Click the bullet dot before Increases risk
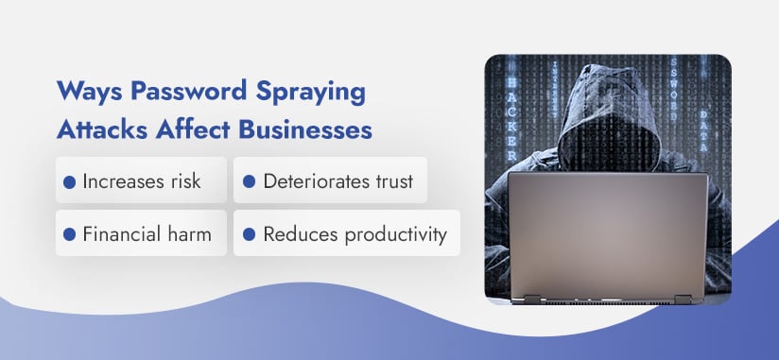(69, 181)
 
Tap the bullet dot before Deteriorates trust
(249, 181)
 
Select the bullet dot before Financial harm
(69, 233)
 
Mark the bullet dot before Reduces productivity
(249, 233)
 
